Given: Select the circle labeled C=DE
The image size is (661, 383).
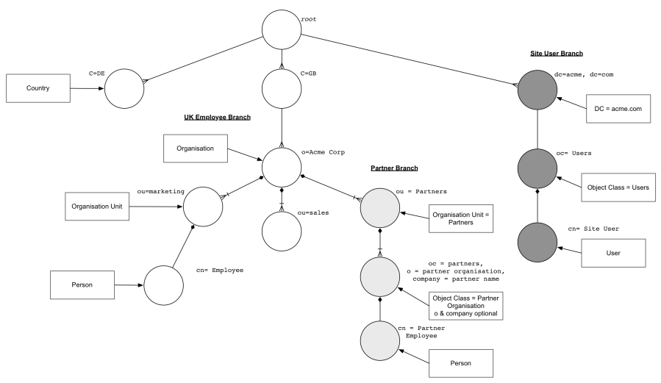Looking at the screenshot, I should tap(124, 90).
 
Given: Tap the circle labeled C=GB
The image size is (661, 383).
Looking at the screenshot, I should tap(282, 90).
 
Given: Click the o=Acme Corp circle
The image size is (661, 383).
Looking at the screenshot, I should tap(282, 167).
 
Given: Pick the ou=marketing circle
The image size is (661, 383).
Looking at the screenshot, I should tap(203, 205).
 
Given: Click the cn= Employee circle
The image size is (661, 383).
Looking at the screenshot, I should tap(163, 284).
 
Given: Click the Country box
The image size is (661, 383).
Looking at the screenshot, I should tap(37, 88).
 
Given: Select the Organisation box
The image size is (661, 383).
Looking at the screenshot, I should tap(195, 148).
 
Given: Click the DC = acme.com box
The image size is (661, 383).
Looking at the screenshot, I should tap(619, 108).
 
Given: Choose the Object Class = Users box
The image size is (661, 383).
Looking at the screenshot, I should tap(618, 187).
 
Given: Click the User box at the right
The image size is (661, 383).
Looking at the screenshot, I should tap(613, 253).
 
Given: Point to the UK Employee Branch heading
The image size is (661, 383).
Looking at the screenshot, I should tap(218, 117).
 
